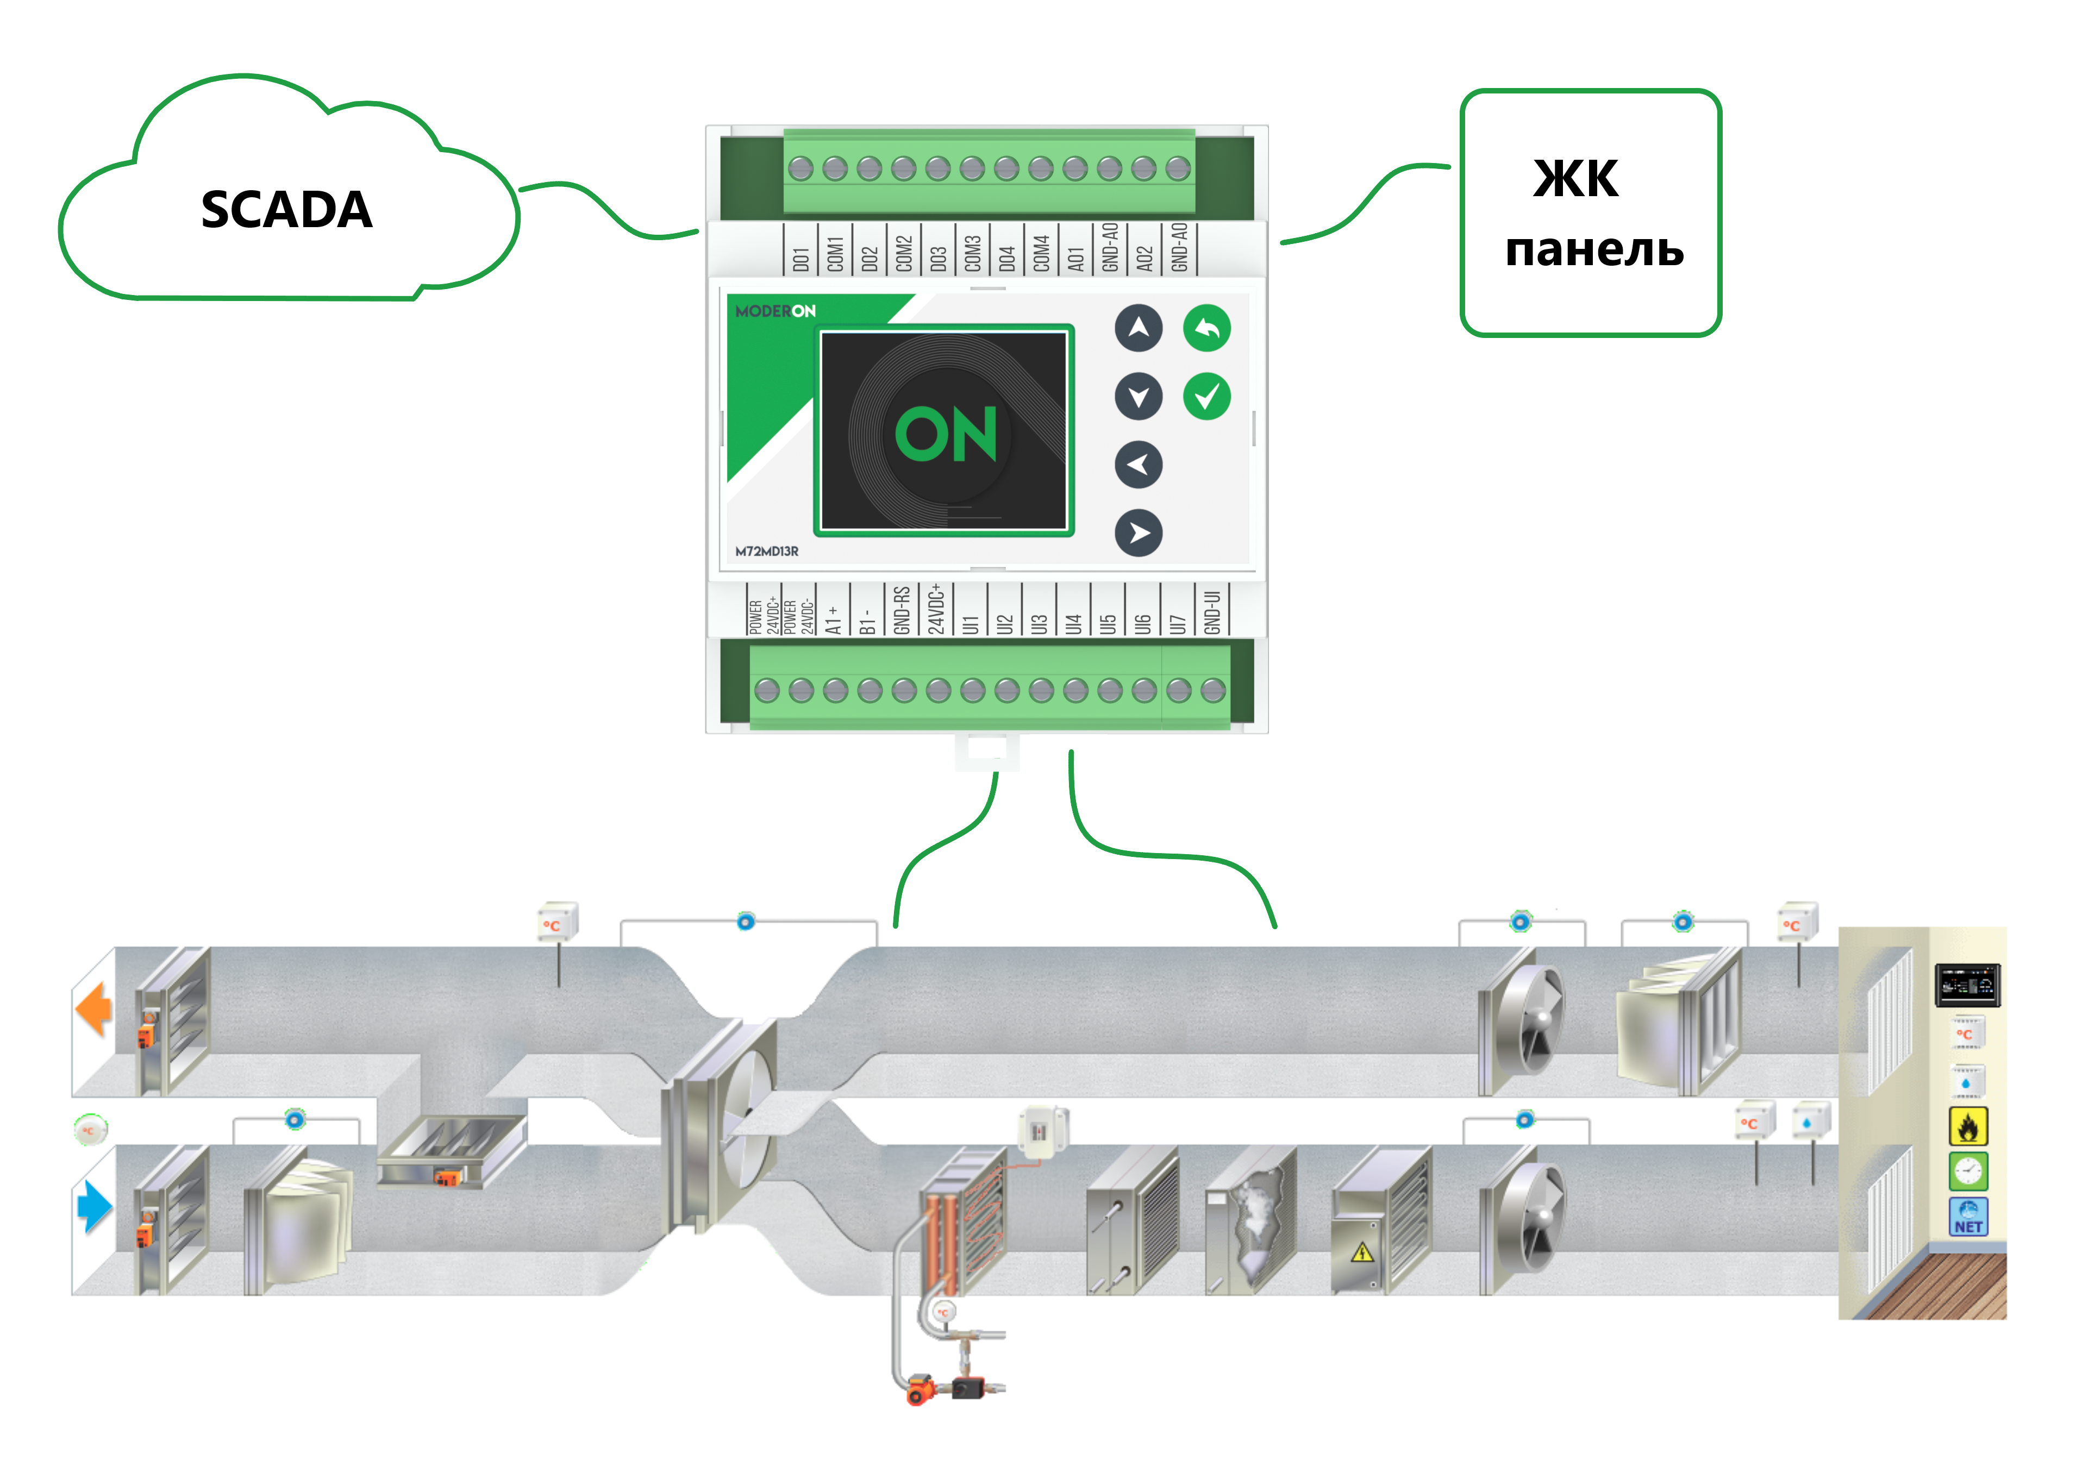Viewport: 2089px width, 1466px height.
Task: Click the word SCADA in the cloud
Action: (286, 210)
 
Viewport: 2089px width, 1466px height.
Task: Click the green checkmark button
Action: (1206, 397)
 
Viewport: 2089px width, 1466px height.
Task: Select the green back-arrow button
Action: (1206, 328)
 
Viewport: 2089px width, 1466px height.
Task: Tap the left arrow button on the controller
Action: (1138, 465)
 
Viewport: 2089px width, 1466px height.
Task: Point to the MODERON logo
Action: (775, 311)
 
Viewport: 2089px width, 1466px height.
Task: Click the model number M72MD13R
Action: (767, 551)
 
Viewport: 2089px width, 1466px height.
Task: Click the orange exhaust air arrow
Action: (93, 1008)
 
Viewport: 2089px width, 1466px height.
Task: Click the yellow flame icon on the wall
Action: (1968, 1127)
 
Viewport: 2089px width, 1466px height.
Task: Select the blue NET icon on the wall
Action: (1968, 1217)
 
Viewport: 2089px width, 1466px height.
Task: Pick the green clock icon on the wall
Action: (1968, 1171)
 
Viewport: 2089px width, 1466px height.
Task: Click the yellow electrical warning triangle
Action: (1362, 1253)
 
